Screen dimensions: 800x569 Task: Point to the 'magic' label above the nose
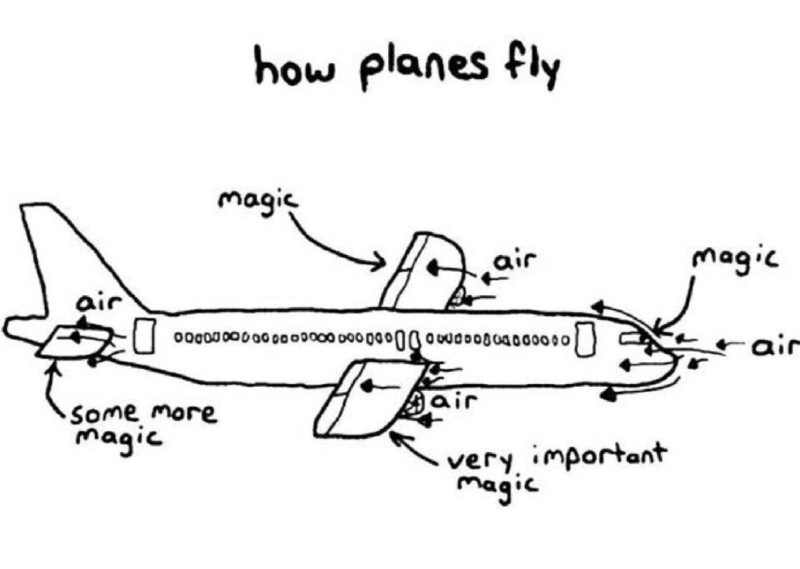tap(735, 259)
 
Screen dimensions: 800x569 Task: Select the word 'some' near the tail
tap(104, 413)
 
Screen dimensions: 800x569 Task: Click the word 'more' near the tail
tap(184, 413)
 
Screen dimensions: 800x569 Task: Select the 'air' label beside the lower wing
tap(455, 402)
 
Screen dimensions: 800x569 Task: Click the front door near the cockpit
tap(586, 339)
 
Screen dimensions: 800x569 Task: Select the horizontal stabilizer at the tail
tap(74, 341)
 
